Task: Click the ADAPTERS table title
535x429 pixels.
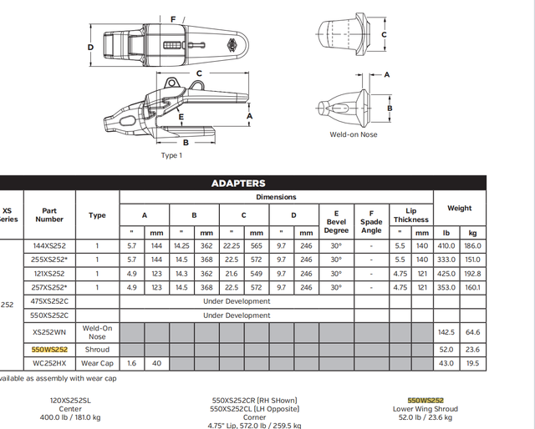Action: (x=238, y=184)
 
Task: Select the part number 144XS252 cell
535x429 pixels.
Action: (x=49, y=245)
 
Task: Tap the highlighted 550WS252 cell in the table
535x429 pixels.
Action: (x=49, y=350)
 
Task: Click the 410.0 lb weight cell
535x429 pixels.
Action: (x=446, y=245)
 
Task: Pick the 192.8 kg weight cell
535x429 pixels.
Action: (x=472, y=274)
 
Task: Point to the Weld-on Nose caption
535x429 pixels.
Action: (x=354, y=134)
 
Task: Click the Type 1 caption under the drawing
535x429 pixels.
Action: (x=171, y=155)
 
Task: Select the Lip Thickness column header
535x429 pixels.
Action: (x=411, y=215)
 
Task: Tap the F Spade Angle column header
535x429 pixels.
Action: (x=371, y=222)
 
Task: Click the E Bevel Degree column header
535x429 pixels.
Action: (x=336, y=222)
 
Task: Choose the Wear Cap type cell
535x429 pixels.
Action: (x=97, y=363)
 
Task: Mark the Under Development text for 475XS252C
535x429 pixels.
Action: (x=237, y=301)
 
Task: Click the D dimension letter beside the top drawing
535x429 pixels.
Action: (x=90, y=47)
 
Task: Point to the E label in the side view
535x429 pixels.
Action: (x=181, y=117)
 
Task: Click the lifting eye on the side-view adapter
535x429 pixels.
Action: (x=171, y=83)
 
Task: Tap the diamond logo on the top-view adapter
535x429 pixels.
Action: (x=233, y=45)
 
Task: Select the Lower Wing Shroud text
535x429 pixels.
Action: (x=425, y=409)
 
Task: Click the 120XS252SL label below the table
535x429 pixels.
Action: (x=70, y=401)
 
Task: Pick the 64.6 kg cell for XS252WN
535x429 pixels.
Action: (x=472, y=332)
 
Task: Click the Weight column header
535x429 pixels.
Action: (x=460, y=208)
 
